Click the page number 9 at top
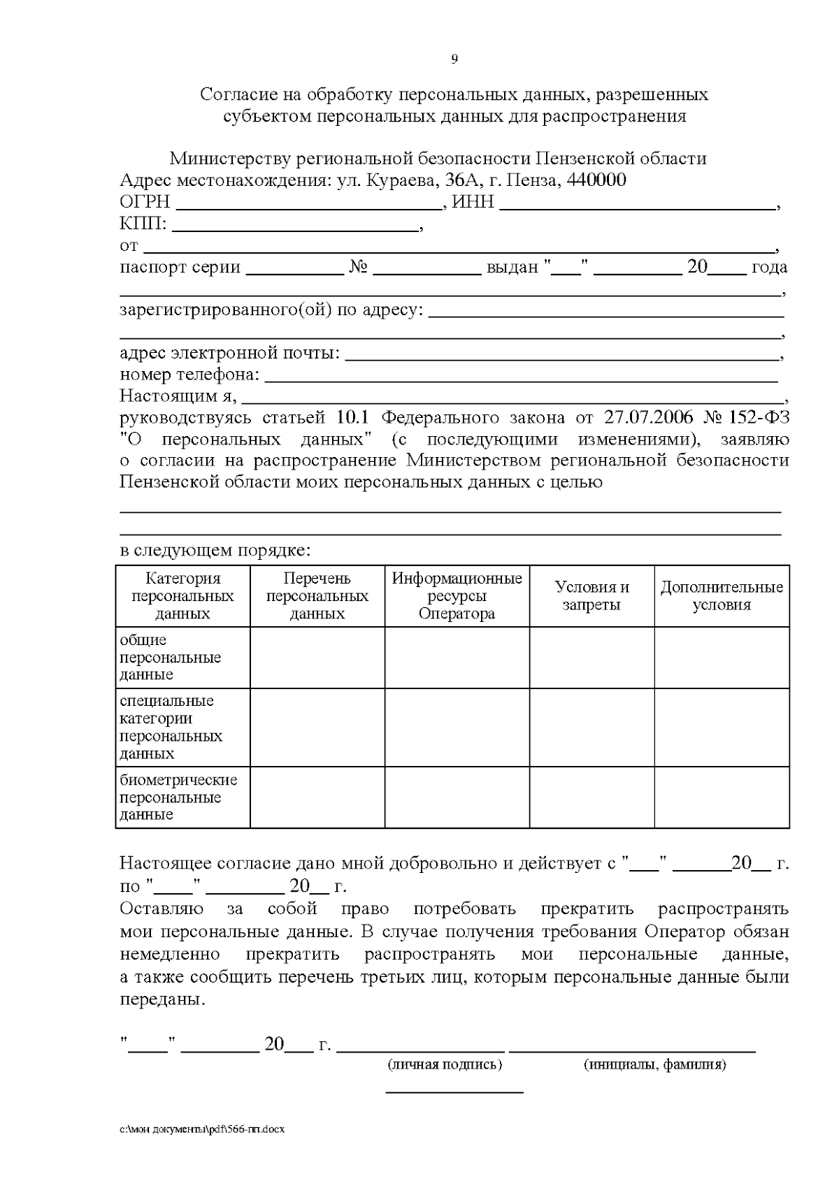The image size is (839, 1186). pos(454,59)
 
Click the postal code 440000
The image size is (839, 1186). pos(596,180)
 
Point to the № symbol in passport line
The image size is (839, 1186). pos(359,267)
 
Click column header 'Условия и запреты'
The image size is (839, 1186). pos(591,596)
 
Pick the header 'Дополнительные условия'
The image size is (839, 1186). pos(722,596)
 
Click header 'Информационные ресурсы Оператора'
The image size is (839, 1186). pos(457,596)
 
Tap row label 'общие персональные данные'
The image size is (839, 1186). pos(170,657)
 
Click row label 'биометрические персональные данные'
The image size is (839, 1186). pos(178,797)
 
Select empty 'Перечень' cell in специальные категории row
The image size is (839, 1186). pos(317,727)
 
